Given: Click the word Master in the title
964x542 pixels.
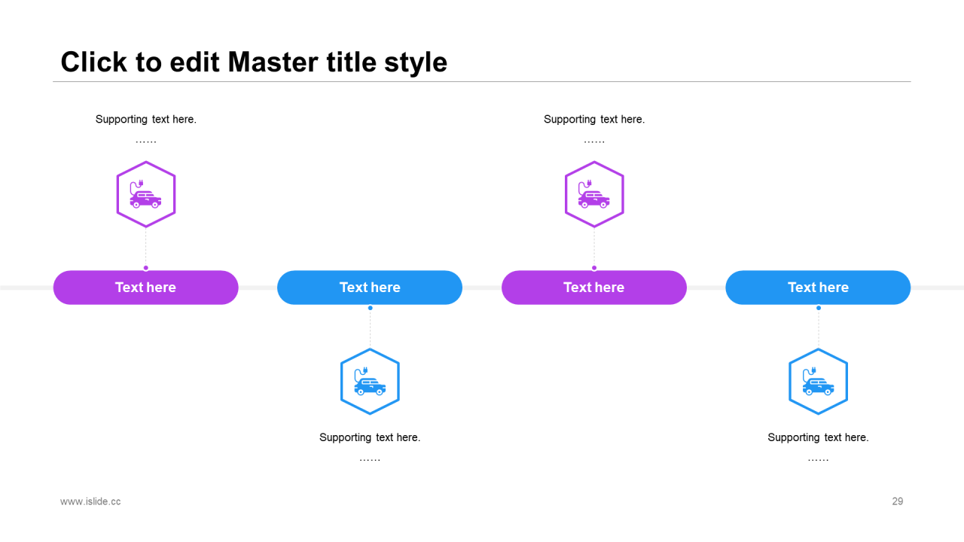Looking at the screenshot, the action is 273,62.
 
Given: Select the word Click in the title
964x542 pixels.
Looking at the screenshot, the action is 94,62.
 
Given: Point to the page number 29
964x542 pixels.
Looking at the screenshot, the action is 897,501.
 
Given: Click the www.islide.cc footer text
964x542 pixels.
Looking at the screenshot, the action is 90,501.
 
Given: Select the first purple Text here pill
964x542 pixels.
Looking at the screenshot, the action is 146,288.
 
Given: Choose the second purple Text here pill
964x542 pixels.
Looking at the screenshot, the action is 594,288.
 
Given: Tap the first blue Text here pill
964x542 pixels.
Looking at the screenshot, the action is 370,288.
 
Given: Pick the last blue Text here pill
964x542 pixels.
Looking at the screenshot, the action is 818,288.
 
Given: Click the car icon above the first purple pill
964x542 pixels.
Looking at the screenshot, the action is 145,194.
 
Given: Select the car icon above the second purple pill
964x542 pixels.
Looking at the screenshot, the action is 594,194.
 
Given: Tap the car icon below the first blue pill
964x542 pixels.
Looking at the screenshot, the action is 370,382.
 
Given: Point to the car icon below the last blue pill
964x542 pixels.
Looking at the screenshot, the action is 818,382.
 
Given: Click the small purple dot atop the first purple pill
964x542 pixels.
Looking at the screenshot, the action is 146,268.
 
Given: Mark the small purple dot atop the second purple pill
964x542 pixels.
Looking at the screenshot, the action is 594,268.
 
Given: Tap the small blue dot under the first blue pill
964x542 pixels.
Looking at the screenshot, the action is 370,308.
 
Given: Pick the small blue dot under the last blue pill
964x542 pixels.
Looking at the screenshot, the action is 819,308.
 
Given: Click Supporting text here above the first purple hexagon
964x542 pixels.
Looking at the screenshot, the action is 146,120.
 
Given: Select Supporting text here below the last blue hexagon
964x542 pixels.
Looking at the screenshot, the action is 818,438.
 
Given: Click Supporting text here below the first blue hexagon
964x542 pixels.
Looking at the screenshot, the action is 370,438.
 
